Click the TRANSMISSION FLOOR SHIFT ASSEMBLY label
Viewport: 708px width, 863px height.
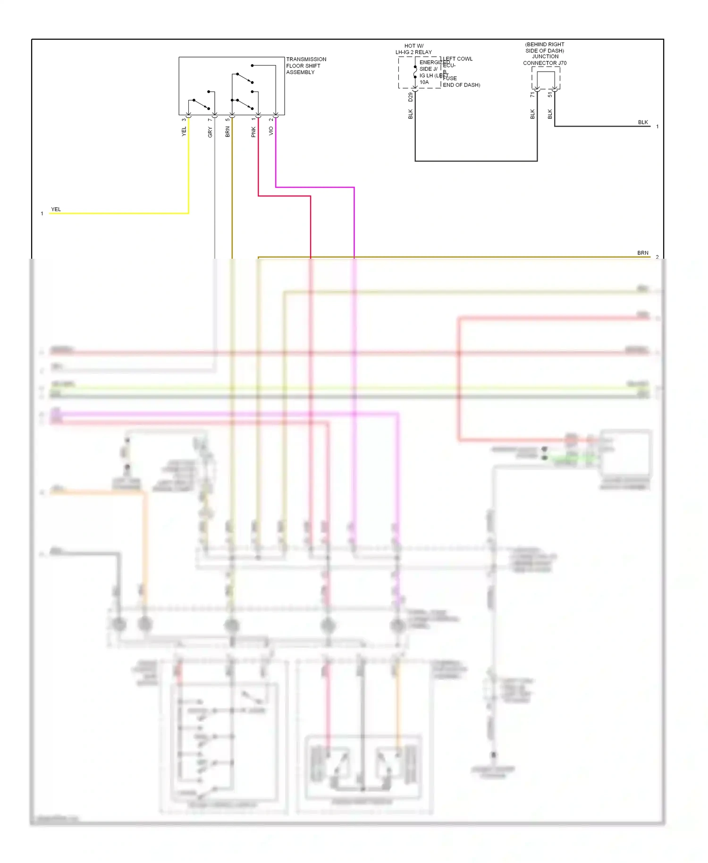click(305, 66)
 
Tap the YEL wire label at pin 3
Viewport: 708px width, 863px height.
click(184, 131)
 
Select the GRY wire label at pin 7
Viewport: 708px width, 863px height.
click(210, 132)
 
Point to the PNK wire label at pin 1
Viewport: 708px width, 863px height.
click(253, 132)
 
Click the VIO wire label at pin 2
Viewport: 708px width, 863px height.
click(271, 131)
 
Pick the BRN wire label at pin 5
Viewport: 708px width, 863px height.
click(228, 132)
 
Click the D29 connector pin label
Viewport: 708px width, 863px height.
click(410, 97)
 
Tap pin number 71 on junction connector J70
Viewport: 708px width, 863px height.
click(532, 94)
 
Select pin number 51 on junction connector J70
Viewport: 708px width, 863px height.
click(550, 94)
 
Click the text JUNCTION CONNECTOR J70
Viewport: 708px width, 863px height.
click(545, 59)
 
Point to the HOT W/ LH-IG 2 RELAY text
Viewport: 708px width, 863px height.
click(413, 49)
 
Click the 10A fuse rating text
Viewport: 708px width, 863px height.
click(424, 82)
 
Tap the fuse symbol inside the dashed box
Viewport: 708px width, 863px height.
click(415, 72)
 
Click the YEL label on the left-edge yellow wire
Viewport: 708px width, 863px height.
click(56, 209)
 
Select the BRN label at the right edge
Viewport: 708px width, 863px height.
click(642, 253)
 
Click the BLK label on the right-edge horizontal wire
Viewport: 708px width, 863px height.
click(643, 122)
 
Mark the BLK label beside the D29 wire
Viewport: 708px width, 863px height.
click(410, 114)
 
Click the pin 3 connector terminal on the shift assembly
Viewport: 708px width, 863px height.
click(188, 115)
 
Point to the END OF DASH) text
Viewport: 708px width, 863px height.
click(461, 85)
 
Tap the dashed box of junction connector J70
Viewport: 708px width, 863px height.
click(546, 77)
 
